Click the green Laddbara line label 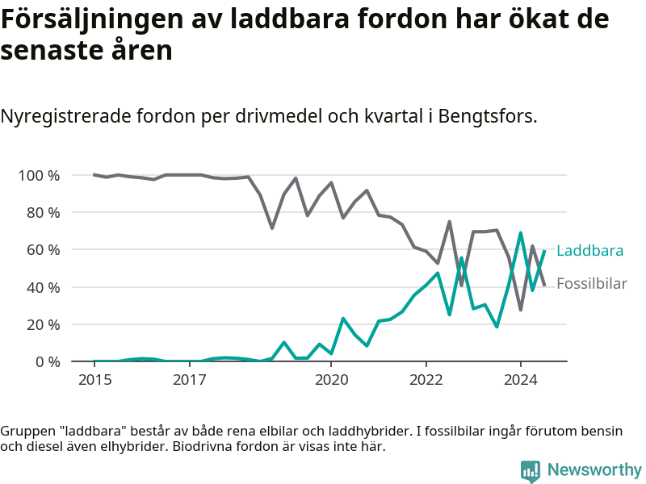point(589,251)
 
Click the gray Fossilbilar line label point(592,284)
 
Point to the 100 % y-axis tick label point(39,176)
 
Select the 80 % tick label point(44,213)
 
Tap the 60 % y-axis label point(44,250)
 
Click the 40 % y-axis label point(44,287)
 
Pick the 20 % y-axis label point(44,325)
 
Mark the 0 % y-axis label point(48,361)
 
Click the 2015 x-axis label point(94,379)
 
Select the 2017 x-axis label point(190,379)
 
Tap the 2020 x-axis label point(331,379)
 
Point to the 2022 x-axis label point(426,379)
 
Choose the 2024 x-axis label point(521,379)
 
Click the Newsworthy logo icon point(531,471)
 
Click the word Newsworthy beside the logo point(594,469)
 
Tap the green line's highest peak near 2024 point(521,233)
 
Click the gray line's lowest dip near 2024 point(521,310)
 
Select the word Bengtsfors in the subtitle point(488,116)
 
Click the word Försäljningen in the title point(91,19)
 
